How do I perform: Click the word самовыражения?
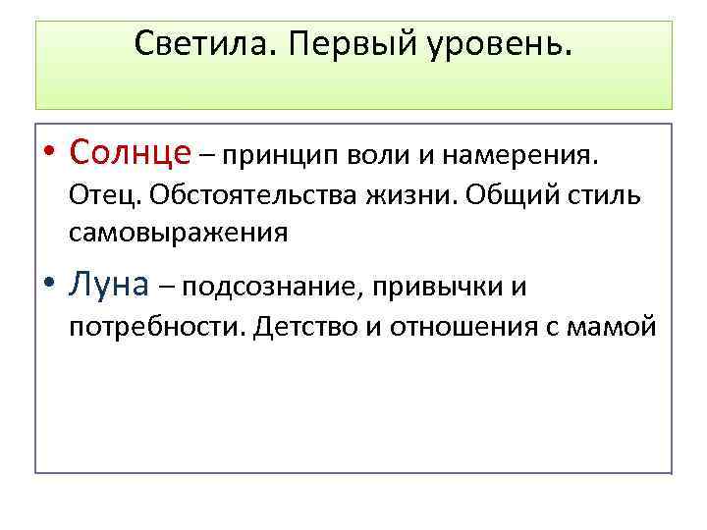point(179,233)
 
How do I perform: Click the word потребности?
point(156,326)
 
